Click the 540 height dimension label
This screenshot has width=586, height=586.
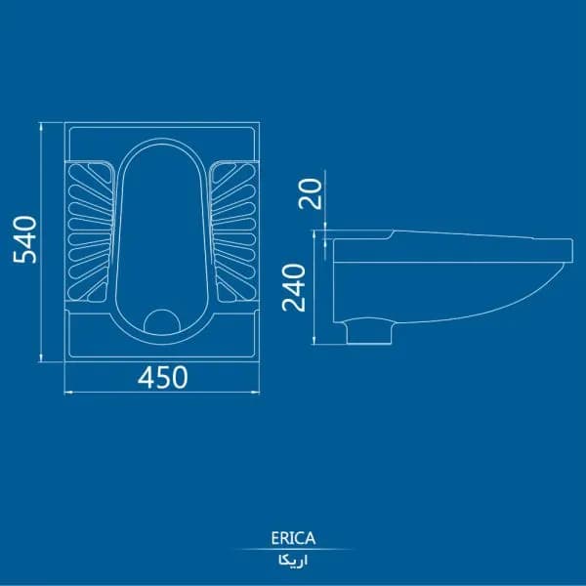(x=24, y=239)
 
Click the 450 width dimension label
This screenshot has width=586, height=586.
(x=162, y=377)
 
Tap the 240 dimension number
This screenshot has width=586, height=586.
(x=294, y=287)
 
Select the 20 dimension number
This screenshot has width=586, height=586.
(x=311, y=193)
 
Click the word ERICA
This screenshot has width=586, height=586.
(x=293, y=538)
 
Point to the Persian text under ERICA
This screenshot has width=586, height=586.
(x=293, y=561)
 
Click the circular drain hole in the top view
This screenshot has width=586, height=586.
(x=162, y=322)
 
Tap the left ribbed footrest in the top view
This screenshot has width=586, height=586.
(x=91, y=231)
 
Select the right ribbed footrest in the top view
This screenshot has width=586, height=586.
(x=233, y=231)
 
